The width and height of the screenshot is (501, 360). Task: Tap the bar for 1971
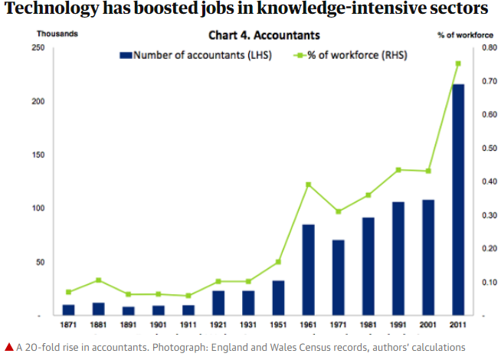coord(338,277)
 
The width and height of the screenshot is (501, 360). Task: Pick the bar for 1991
coord(398,258)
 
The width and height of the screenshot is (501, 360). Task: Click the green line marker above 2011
coord(458,64)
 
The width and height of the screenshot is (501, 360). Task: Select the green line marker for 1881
coord(99,280)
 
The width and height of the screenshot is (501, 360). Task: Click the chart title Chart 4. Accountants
coord(264,35)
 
